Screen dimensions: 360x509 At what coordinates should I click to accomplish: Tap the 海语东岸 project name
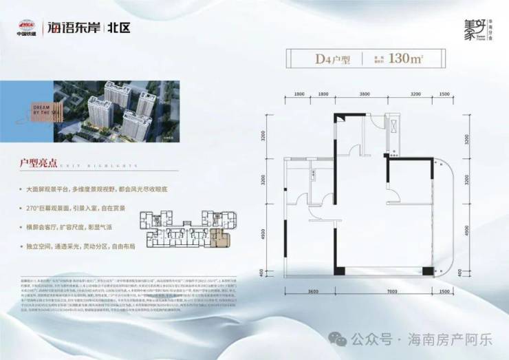pos(72,29)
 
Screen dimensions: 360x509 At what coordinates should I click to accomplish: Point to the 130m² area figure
pos(404,59)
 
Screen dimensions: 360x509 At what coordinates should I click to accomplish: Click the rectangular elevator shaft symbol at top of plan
pos(394,127)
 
